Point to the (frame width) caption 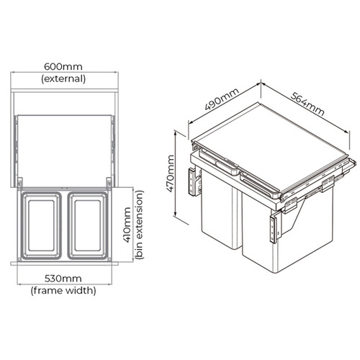click(x=64, y=291)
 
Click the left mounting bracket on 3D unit click(x=192, y=182)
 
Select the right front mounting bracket click(x=272, y=229)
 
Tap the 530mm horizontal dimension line click(x=64, y=268)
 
